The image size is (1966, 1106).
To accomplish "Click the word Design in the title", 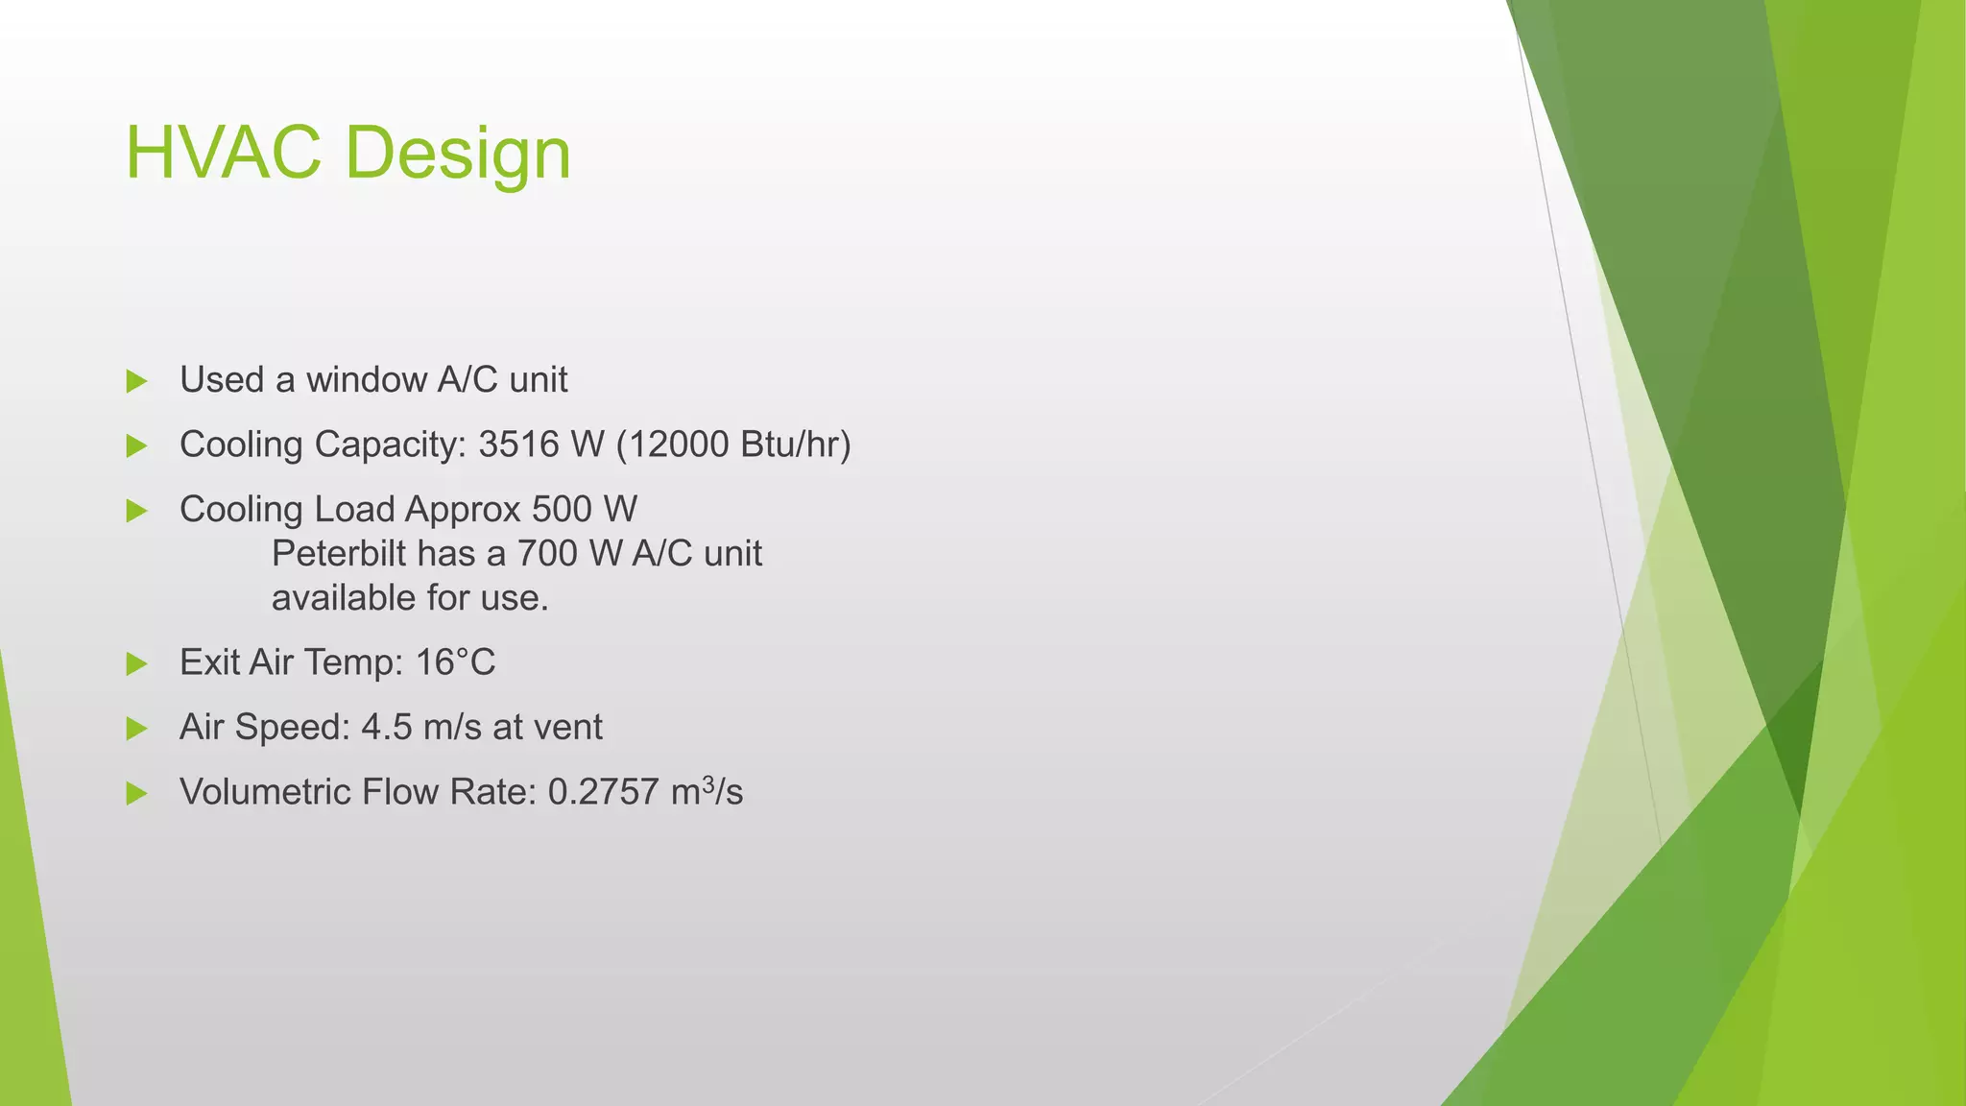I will pos(458,155).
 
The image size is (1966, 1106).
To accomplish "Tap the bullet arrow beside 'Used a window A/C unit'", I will pos(136,381).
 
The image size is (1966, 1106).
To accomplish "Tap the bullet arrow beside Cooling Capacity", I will pos(136,445).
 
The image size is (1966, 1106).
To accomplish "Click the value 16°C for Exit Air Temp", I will pos(455,662).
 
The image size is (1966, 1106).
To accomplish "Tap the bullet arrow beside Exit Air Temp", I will pos(136,663).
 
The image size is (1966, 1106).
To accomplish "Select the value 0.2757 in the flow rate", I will pos(604,792).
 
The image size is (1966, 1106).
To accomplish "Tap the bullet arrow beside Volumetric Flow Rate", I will pos(136,793).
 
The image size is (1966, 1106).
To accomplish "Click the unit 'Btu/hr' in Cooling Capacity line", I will pos(795,445).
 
